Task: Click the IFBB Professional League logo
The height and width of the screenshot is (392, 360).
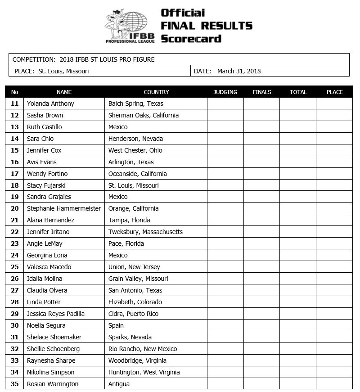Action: coord(130,26)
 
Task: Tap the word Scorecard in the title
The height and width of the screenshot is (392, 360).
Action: coord(191,39)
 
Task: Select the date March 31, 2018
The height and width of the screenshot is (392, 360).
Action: coord(239,71)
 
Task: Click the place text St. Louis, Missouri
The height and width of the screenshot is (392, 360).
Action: coord(63,71)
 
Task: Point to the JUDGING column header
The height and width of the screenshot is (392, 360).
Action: coord(225,92)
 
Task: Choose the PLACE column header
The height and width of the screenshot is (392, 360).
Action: coord(334,92)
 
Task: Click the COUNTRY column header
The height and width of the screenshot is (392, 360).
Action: coord(156,92)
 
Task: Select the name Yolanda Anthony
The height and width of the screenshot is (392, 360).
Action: coord(50,104)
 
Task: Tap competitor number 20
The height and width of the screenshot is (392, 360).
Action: coord(15,208)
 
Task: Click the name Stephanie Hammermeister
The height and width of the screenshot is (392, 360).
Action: coord(64,208)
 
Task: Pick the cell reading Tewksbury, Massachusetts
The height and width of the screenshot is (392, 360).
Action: coord(145,232)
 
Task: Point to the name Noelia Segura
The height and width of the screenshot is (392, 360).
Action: coord(46,325)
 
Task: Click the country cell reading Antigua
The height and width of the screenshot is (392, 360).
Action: coord(119,384)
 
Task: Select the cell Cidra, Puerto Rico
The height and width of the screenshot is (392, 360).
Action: coord(133,314)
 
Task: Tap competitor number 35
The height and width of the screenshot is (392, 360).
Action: coord(15,384)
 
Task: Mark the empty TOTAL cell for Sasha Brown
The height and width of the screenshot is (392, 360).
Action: coord(298,115)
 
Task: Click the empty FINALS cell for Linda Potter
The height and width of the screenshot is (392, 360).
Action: coord(261,302)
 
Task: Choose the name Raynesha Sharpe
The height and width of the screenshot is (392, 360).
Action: coord(51,360)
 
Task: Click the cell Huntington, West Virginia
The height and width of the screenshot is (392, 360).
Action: coord(144,372)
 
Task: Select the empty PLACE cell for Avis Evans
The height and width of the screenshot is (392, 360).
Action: coord(334,162)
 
